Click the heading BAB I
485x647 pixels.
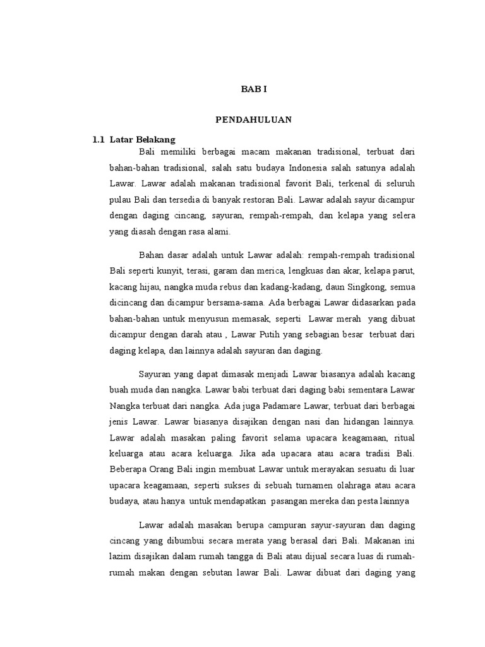point(254,89)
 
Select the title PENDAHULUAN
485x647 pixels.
point(254,119)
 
